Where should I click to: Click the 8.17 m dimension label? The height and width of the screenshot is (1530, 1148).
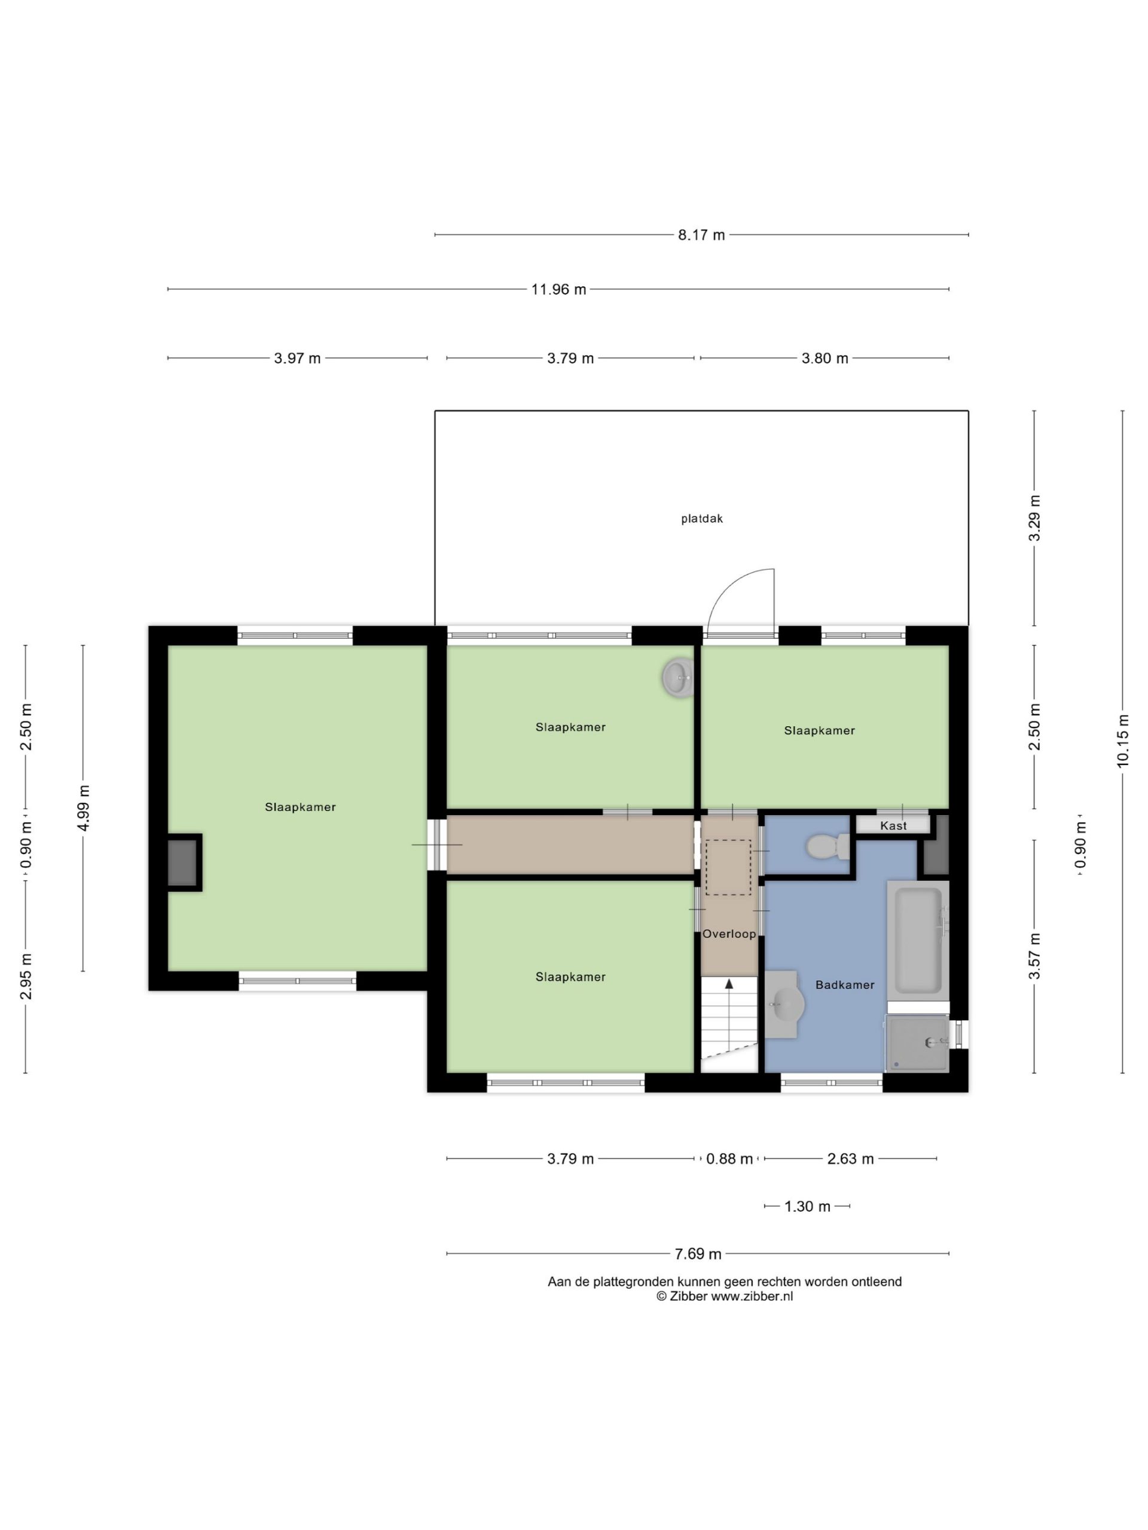click(x=701, y=235)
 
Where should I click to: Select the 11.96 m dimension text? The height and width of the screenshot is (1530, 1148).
click(x=558, y=290)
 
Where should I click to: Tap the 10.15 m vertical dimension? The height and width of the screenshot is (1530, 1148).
click(x=1122, y=740)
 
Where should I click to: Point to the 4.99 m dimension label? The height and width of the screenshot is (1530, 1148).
click(x=83, y=809)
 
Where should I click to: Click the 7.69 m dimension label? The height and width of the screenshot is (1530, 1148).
click(x=698, y=1254)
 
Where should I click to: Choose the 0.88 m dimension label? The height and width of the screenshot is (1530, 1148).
click(x=729, y=1159)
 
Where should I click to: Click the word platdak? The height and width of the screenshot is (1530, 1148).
click(x=702, y=519)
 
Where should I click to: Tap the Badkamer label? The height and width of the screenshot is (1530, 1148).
click(x=845, y=985)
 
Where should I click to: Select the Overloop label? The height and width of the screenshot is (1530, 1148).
click(x=729, y=934)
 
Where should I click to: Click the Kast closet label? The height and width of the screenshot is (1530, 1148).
click(x=893, y=826)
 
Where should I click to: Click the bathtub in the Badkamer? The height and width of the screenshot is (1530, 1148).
click(x=918, y=941)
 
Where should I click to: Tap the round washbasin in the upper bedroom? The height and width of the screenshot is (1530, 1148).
click(x=678, y=677)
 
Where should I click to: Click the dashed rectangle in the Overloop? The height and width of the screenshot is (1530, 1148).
click(x=728, y=868)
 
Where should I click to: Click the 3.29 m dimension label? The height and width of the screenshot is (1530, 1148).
click(x=1034, y=518)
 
